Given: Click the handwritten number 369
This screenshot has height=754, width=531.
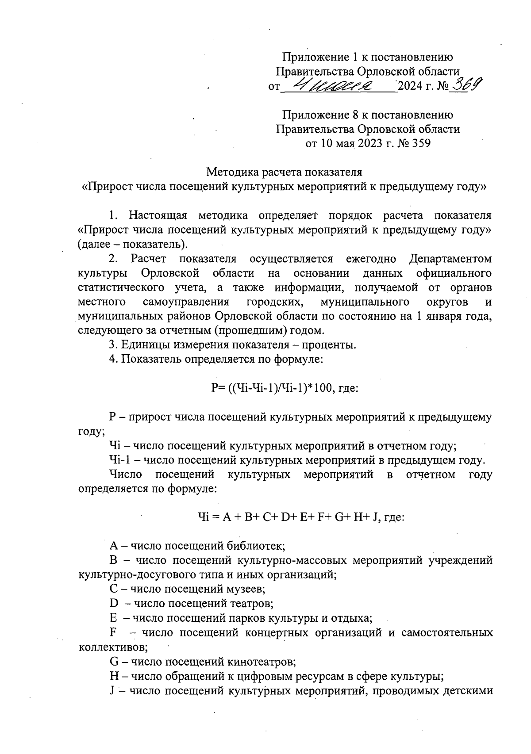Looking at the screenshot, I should pos(468,83).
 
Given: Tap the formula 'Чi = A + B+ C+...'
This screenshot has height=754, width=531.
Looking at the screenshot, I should pos(300,517).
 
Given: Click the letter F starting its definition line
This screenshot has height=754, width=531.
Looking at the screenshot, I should pos(113,632).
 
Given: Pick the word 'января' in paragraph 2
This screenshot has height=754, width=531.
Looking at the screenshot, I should pos(441,317).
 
